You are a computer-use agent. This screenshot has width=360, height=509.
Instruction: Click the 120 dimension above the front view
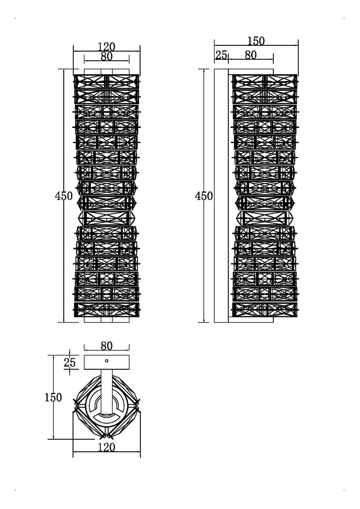(x=107, y=47)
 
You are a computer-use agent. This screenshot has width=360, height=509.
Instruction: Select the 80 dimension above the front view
(x=107, y=57)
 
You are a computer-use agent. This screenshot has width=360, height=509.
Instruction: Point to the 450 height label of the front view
(x=64, y=196)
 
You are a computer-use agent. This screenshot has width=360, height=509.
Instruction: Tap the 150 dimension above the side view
(x=256, y=41)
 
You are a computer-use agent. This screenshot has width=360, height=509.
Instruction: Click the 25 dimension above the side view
(x=221, y=55)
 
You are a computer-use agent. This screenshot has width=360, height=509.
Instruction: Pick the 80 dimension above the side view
(x=251, y=55)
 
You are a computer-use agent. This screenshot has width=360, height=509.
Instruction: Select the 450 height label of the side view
(x=204, y=196)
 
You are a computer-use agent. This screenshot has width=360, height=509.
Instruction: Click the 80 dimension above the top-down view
(x=107, y=346)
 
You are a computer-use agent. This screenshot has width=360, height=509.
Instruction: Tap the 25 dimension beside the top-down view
(x=70, y=362)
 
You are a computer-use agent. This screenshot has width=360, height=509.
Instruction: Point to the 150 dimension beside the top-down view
(x=53, y=397)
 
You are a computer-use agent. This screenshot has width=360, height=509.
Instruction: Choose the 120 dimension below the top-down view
(x=107, y=447)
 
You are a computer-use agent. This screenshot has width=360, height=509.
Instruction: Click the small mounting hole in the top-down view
(x=107, y=361)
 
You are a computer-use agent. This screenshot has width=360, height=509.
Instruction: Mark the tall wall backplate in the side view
(x=221, y=196)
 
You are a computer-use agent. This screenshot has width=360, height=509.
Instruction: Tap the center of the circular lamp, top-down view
(x=107, y=407)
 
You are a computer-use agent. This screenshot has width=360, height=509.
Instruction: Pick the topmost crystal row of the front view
(x=107, y=82)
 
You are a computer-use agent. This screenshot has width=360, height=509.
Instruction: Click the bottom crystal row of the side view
(x=265, y=310)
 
